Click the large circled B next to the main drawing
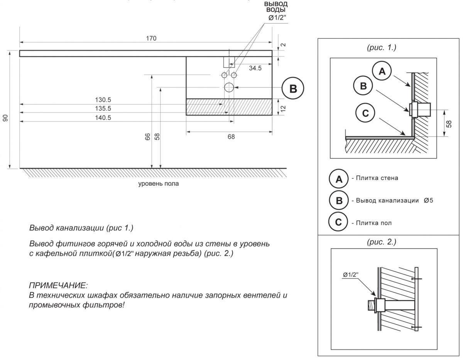coord(293,88)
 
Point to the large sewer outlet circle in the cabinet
coord(229,87)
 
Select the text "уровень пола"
coord(159,184)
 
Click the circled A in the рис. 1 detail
coord(382,71)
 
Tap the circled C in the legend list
coord(338,222)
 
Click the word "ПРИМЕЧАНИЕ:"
coord(59,286)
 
